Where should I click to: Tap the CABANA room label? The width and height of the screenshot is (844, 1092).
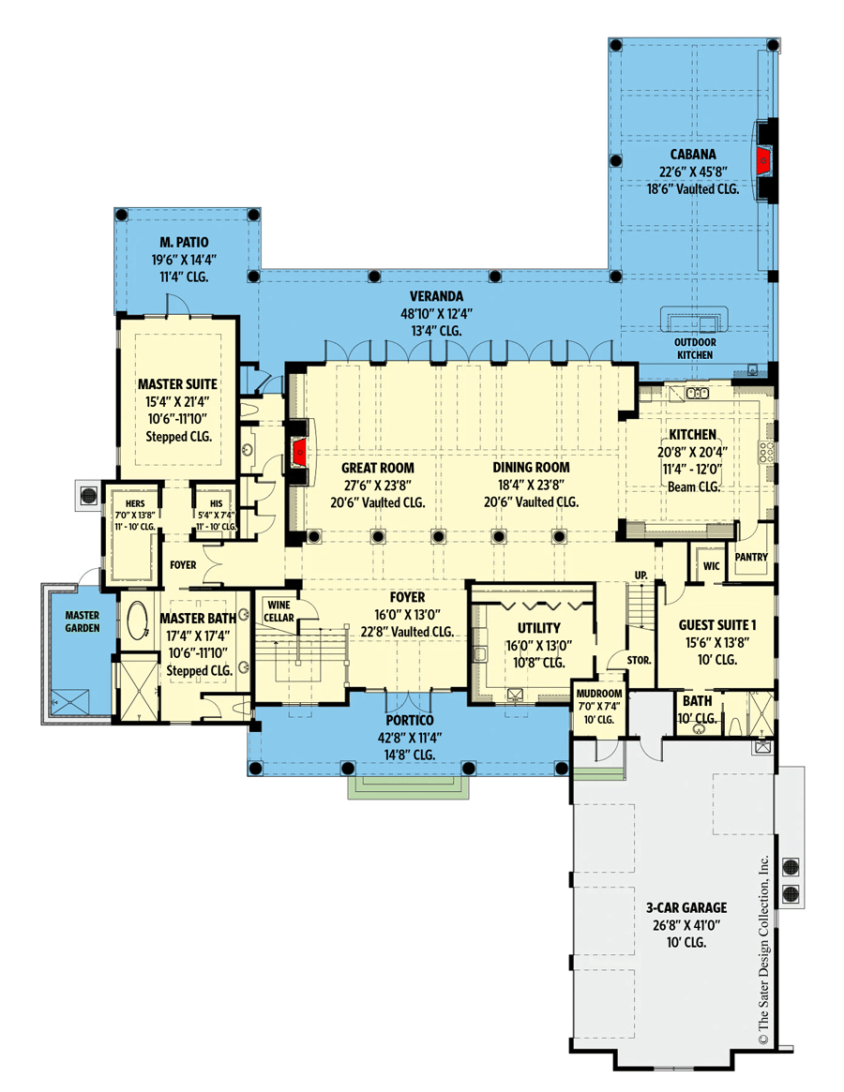point(693,155)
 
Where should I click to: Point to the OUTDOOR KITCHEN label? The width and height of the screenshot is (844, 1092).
point(693,349)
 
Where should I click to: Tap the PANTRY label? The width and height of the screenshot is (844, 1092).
point(751,557)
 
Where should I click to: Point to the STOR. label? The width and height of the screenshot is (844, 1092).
point(641,660)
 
